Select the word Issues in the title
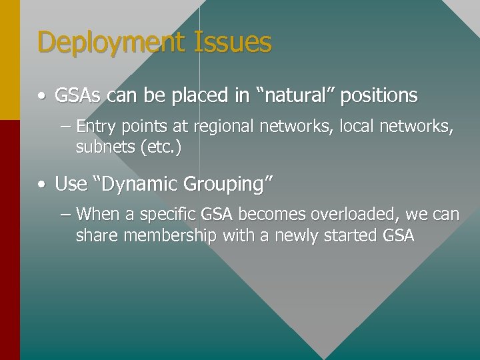pos(233,43)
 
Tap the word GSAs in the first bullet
pos(78,95)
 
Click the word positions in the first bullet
pos(379,96)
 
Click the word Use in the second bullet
pos(71,183)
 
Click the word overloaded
pos(353,215)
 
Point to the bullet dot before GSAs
pos(41,97)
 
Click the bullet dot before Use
pos(41,185)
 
